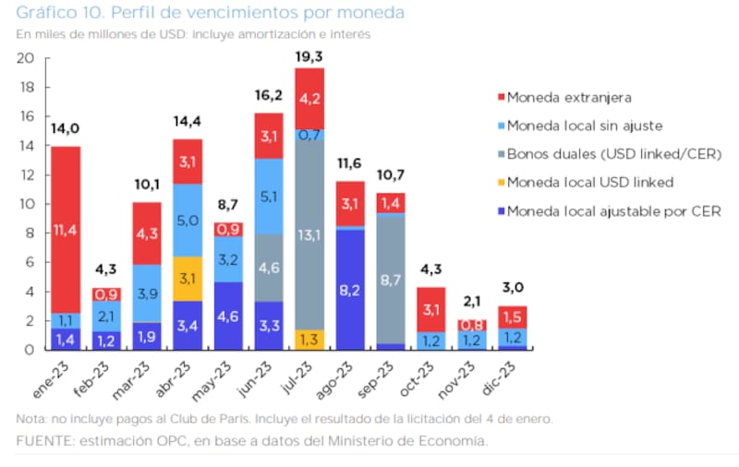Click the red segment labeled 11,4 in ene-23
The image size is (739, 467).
[x=66, y=229]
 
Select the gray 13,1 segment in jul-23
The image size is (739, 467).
[x=309, y=235]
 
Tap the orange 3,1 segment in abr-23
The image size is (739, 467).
[x=188, y=278]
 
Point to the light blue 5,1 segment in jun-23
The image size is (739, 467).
[x=269, y=196]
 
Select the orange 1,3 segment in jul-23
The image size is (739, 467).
[x=309, y=339]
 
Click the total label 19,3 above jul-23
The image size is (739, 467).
[x=309, y=57]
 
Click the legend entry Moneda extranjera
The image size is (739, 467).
[x=563, y=97]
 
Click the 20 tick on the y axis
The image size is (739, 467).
[x=27, y=58]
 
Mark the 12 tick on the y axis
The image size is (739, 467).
[x=27, y=174]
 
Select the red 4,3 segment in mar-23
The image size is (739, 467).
[x=147, y=233]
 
